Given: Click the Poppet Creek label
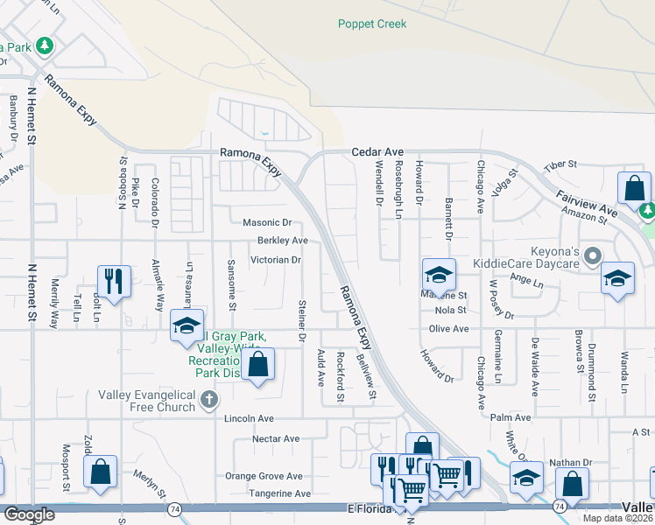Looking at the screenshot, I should pyautogui.click(x=372, y=24).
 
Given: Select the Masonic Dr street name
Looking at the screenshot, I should pyautogui.click(x=267, y=223).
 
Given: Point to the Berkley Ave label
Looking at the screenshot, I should pyautogui.click(x=282, y=241).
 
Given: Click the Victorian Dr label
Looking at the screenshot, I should pyautogui.click(x=276, y=260).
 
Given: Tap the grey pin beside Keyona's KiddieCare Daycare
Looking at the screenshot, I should pyautogui.click(x=593, y=255).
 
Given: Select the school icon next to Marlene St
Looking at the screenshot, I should pyautogui.click(x=438, y=274).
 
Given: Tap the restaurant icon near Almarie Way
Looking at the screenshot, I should pyautogui.click(x=114, y=280).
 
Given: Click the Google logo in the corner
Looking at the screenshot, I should pyautogui.click(x=29, y=514).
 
